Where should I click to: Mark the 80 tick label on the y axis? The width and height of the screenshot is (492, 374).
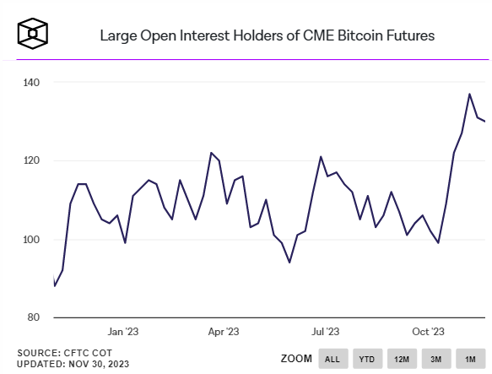tap(34, 317)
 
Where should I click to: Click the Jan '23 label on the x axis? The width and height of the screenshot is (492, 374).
tap(122, 333)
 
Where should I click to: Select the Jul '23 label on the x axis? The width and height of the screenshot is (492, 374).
tap(326, 333)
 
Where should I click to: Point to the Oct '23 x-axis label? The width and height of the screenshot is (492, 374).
tap(428, 333)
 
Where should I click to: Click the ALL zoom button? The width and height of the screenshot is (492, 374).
tap(333, 359)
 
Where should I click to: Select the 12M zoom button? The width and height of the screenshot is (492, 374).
tap(402, 359)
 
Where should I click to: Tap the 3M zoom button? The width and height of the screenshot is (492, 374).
tap(435, 359)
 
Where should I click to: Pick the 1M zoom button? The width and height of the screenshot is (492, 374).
tap(468, 359)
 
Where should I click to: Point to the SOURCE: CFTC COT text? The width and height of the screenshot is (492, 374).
tap(63, 351)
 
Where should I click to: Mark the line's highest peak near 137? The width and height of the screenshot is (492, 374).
tap(470, 94)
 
